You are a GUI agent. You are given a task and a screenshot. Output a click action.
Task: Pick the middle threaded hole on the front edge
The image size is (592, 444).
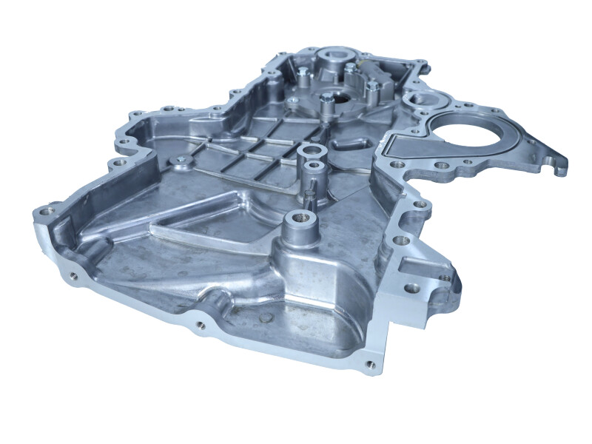tap(201, 324)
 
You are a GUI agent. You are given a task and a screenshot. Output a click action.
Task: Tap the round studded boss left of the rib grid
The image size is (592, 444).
tap(178, 159)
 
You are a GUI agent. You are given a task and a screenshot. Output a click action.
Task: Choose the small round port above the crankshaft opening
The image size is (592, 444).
tap(419, 97)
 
